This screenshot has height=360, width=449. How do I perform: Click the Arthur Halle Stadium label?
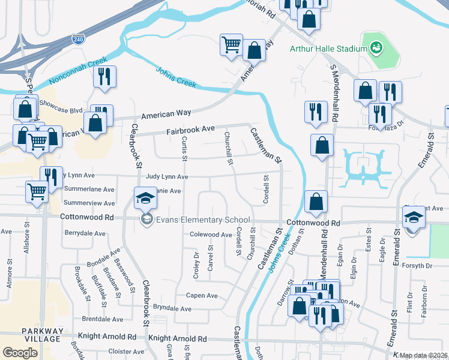coord(328,49)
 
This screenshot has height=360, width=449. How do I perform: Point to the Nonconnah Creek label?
coord(78,70)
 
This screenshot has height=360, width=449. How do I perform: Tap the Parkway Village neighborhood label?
coord(41,335)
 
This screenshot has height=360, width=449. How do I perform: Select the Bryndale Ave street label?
coord(172,308)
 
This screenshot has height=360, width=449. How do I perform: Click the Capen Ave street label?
coord(202,295)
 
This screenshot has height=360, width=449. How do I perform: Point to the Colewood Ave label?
coord(210,235)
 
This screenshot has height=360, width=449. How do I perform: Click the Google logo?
coord(20,353)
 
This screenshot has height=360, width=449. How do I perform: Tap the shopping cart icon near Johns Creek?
coord(231,45)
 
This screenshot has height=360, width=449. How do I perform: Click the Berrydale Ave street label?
coord(81,232)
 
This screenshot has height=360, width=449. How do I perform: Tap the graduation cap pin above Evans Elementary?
coord(145,199)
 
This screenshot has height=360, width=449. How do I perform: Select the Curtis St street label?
coord(184,149)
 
